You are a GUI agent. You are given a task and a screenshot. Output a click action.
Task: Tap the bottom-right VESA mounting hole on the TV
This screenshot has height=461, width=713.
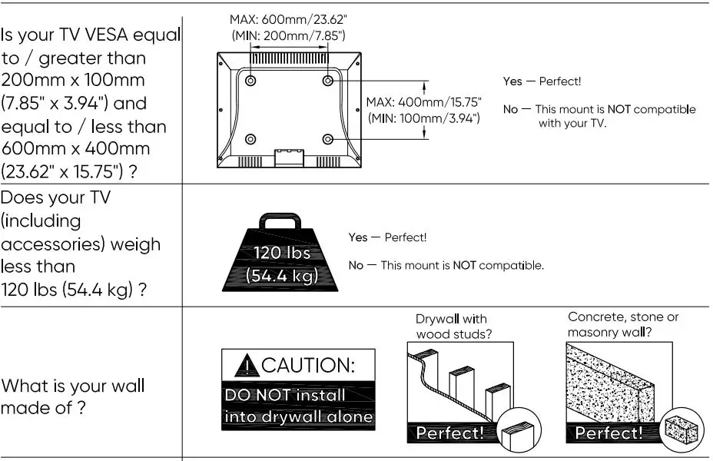tap(328, 139)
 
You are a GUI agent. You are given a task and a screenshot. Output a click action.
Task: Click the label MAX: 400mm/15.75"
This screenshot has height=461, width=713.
tap(423, 102)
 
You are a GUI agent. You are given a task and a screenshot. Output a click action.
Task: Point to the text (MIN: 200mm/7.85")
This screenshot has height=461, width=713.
tap(288, 35)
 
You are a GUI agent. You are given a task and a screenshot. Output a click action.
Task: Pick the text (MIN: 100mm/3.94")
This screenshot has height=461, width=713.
tap(423, 118)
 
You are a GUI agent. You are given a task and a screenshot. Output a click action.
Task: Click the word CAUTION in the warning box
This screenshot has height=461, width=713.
tap(307, 366)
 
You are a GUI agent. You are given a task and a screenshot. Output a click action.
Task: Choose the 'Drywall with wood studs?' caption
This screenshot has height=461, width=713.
tap(454, 326)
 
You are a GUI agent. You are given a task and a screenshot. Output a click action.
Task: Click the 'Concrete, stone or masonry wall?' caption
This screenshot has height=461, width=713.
tap(623, 324)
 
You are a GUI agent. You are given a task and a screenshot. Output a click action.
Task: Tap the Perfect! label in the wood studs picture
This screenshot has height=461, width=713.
tap(450, 433)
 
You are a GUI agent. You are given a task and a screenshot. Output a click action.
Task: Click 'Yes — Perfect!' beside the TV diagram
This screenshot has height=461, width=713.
tap(542, 81)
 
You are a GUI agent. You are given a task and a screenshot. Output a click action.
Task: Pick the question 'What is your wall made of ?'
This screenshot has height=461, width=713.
tap(72, 396)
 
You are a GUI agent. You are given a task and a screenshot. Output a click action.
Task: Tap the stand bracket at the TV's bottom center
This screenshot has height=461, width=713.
tap(289, 157)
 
